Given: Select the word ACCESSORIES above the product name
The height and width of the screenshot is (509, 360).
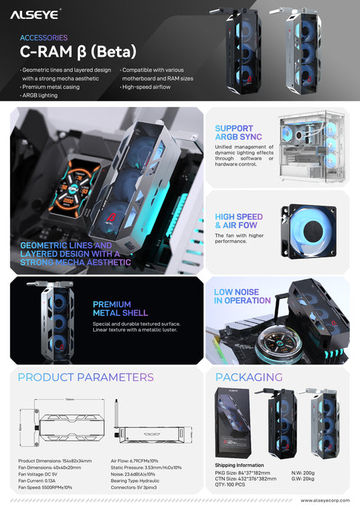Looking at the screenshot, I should [x=43, y=38].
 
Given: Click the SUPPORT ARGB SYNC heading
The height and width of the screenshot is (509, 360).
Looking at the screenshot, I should [x=234, y=133].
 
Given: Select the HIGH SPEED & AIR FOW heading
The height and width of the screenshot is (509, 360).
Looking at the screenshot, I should [x=239, y=221].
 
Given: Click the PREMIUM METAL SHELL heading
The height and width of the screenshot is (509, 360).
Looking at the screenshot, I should [x=112, y=309].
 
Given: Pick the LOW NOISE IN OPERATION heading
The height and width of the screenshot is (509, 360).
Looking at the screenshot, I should [x=242, y=297].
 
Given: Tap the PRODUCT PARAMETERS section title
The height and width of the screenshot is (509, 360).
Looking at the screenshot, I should [x=86, y=377].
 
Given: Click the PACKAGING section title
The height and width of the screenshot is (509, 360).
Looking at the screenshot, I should [x=249, y=377].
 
